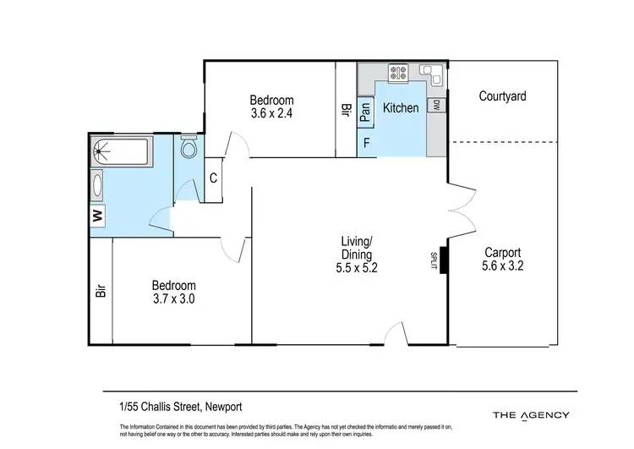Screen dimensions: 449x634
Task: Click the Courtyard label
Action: point(502,96)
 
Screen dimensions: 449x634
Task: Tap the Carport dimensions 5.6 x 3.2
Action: point(502,266)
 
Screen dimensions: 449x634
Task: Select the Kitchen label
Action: point(401,108)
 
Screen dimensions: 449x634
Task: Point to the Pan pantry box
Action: point(366,110)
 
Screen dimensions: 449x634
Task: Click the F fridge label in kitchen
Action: point(367,143)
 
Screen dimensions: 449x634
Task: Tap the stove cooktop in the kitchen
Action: point(396,73)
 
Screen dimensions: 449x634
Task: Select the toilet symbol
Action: point(189,149)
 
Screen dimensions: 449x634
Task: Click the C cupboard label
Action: point(214,178)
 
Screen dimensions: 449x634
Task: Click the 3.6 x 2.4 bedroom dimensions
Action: point(271,112)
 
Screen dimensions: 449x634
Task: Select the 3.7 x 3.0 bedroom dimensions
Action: point(175,299)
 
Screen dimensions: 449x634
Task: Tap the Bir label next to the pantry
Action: point(346,110)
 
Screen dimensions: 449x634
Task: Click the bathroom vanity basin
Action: point(98,185)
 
